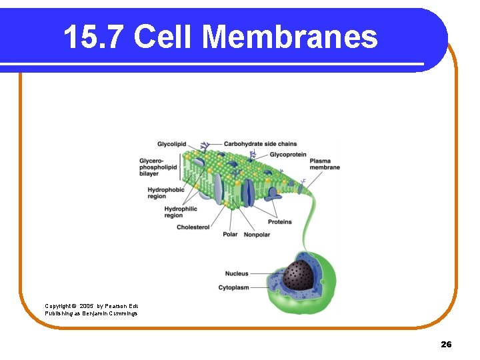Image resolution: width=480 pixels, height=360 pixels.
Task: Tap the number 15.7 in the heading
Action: pos(94,37)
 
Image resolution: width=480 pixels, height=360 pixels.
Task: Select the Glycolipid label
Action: pos(171,144)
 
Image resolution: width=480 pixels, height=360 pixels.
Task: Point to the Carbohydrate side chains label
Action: pos(260,144)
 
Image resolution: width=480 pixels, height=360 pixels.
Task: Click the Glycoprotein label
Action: pos(288,155)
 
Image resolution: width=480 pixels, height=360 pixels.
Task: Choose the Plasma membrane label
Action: pos(325,164)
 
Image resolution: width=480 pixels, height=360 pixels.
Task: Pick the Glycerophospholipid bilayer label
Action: pos(158,167)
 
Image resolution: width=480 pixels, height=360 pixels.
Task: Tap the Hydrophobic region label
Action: pos(166,193)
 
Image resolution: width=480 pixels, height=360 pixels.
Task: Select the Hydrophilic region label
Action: pos(181,212)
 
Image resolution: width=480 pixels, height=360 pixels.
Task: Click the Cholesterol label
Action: pos(193,227)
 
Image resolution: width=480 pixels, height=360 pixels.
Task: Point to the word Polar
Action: pos(230,235)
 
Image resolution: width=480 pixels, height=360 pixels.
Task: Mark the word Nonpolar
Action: pos(257,235)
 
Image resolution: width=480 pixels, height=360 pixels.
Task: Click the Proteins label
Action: pos(280,222)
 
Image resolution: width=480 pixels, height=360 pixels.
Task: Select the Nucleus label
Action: pos(237,273)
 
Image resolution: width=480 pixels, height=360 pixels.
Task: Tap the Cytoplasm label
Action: pos(233,287)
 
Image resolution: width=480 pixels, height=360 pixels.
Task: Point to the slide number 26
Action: pos(446,344)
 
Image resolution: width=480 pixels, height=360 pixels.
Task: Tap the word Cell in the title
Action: pos(166,37)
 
